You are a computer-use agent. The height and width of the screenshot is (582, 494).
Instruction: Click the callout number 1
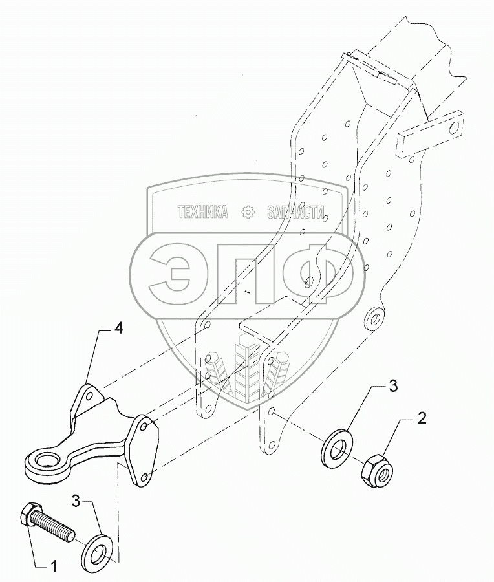(54, 567)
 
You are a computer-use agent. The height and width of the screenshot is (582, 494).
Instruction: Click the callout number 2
(421, 419)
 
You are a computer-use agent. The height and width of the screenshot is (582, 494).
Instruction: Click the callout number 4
(118, 329)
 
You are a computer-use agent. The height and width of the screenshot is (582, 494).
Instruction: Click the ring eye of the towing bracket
(43, 464)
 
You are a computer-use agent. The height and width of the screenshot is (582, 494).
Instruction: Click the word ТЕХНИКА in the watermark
(202, 212)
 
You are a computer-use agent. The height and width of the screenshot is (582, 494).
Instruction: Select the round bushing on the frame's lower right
(374, 318)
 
